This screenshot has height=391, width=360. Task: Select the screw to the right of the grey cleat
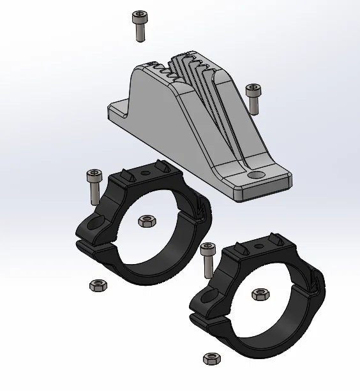point(253,98)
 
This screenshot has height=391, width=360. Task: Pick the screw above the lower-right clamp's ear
point(208,259)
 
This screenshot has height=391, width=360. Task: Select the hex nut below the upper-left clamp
point(97,284)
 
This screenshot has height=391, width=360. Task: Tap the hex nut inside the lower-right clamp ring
point(259,294)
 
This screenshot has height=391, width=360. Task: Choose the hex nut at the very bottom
point(209,358)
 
